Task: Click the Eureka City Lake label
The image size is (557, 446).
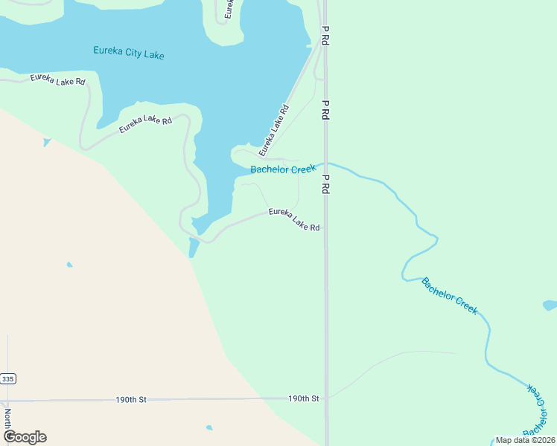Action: (129, 53)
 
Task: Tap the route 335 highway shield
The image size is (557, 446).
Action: (7, 379)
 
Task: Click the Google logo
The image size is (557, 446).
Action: (25, 437)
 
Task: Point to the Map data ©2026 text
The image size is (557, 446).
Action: (525, 440)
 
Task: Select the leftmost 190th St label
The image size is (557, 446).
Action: (131, 399)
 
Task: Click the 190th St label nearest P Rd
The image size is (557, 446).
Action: (304, 399)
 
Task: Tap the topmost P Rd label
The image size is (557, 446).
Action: (325, 37)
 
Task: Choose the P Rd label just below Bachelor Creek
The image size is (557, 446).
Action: (325, 184)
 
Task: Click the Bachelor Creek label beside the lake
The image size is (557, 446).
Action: (283, 169)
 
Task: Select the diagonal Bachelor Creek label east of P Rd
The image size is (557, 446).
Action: (449, 296)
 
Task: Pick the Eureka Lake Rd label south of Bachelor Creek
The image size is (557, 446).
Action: (294, 219)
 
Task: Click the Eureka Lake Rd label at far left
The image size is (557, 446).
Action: (57, 79)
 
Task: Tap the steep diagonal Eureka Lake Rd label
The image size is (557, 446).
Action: (273, 131)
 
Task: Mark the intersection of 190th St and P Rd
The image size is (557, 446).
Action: (326, 398)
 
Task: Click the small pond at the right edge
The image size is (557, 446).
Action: (550, 305)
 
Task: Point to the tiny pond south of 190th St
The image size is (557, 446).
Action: (209, 427)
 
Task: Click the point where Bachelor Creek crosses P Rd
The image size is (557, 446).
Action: (325, 164)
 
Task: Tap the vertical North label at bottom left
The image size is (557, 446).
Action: (7, 418)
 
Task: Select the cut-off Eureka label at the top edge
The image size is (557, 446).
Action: (229, 8)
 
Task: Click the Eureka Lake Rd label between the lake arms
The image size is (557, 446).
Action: (146, 125)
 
